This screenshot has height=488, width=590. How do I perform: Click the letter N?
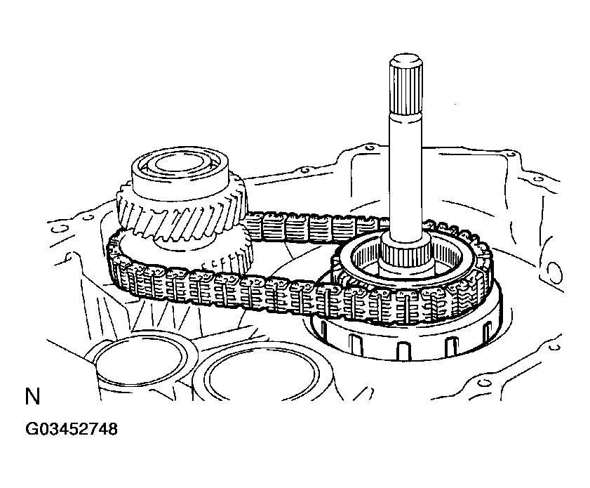click(x=31, y=397)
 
